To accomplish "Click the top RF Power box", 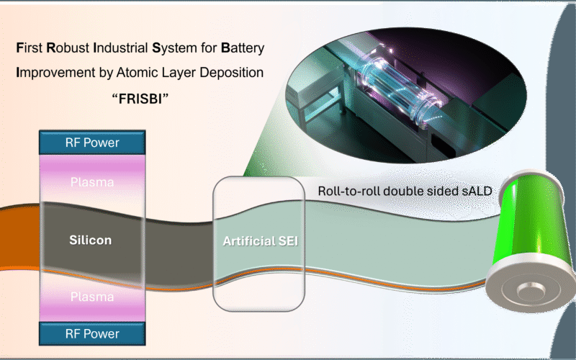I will pos(91,143).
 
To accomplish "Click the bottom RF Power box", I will pos(91,333).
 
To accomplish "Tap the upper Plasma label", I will pos(91,181).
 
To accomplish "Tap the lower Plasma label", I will pos(91,297).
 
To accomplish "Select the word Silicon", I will pos(90,240).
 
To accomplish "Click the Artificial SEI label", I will pos(259,240).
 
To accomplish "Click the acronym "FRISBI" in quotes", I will pos(138,96).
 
